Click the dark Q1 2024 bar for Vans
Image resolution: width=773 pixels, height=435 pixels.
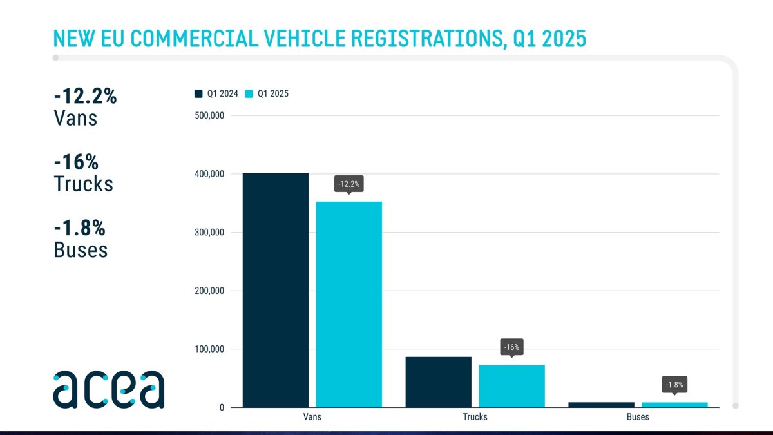[276, 290]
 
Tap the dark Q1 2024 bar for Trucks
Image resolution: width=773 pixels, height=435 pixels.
[438, 382]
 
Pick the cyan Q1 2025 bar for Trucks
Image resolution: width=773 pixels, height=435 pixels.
[511, 386]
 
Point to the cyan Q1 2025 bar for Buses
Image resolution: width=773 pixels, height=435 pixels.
[674, 405]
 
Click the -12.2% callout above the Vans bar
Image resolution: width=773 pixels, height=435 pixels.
[348, 184]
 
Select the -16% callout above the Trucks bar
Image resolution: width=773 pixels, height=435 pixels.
[511, 347]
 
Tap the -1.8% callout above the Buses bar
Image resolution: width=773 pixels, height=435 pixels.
[674, 385]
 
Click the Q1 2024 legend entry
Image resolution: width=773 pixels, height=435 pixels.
[216, 94]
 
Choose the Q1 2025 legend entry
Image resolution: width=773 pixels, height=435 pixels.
[267, 94]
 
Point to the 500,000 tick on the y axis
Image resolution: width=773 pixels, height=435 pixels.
[209, 116]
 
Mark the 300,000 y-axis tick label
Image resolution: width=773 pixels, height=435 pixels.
[209, 233]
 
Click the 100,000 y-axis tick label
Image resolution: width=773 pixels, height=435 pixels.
[209, 349]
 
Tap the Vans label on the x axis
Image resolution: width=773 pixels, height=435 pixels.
[312, 417]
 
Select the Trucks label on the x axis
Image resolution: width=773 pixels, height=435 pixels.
[475, 417]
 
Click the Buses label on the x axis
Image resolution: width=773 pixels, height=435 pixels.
[638, 417]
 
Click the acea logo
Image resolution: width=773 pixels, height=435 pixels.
[108, 389]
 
